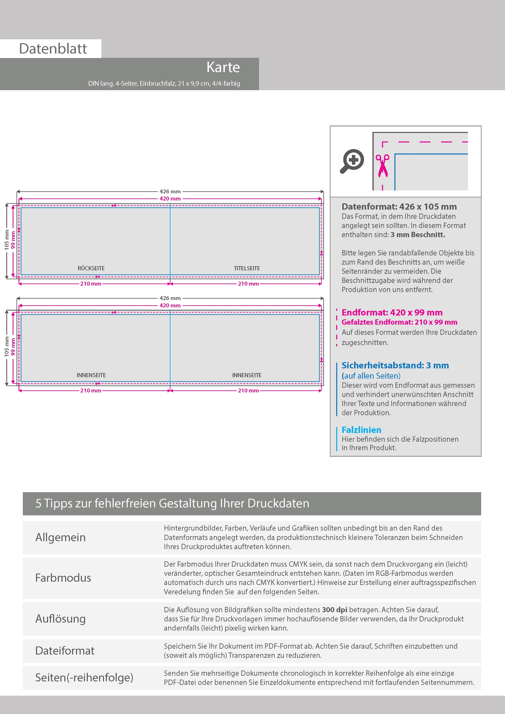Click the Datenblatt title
point(53,49)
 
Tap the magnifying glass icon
point(352,161)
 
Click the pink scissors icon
point(382,166)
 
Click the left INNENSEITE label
point(91,375)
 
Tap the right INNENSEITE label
point(247,375)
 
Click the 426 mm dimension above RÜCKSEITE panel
point(170,192)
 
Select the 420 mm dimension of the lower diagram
point(170,305)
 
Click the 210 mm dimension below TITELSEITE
point(248,284)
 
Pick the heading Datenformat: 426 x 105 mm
point(399,207)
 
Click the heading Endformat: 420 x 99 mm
point(392,312)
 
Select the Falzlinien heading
point(361,430)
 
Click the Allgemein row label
point(60,537)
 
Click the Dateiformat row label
point(65,650)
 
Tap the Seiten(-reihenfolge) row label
point(84,677)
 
